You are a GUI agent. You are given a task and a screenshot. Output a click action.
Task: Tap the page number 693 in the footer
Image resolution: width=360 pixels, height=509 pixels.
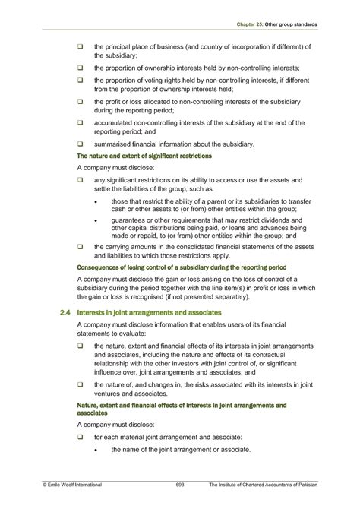click(180, 483)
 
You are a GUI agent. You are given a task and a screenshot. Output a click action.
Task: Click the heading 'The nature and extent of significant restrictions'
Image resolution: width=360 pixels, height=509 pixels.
click(144, 155)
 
